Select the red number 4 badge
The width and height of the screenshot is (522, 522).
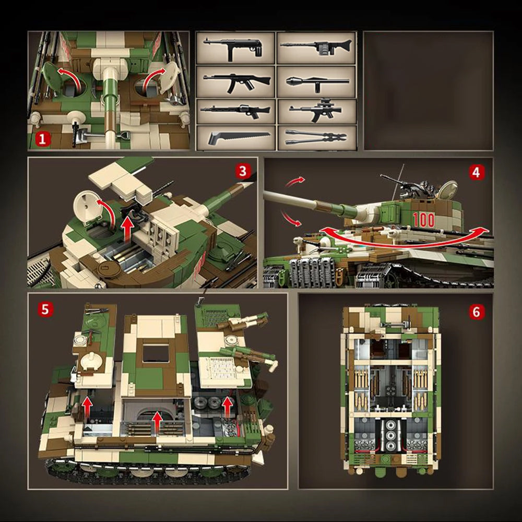click(x=477, y=172)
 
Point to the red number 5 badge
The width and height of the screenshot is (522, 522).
click(x=44, y=309)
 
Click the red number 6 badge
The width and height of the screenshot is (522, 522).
click(x=477, y=312)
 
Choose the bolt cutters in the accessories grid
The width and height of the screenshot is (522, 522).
click(x=316, y=138)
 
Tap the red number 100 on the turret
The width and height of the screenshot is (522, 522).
click(x=423, y=220)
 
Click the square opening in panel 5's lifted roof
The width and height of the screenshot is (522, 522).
click(x=156, y=353)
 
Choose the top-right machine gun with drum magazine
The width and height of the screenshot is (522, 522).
click(x=316, y=48)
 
